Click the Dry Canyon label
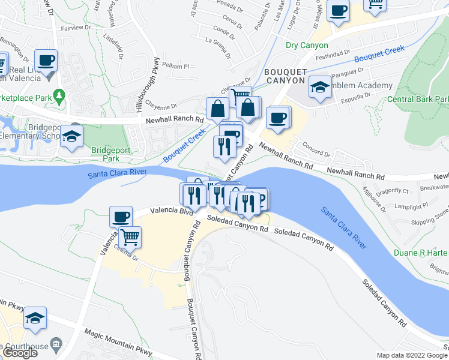[307, 45]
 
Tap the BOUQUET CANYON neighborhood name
[286, 76]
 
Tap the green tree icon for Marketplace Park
[59, 95]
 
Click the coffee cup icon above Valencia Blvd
[121, 215]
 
